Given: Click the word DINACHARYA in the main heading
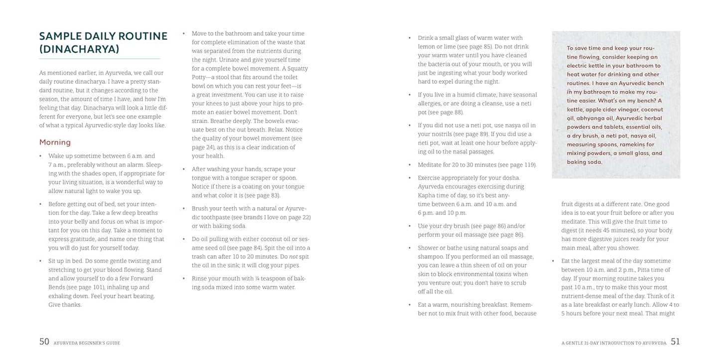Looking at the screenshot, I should click(82, 49).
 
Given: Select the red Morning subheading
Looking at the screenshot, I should click(55, 142).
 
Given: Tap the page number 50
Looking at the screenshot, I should click(44, 342).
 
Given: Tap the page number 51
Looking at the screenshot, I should click(675, 342).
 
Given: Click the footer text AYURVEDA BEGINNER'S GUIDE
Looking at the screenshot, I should click(88, 343).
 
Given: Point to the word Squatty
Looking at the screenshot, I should click(296, 68).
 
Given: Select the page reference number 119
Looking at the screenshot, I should click(529, 164).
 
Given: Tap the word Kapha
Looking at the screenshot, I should click(427, 195).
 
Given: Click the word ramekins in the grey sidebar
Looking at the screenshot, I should click(632, 144).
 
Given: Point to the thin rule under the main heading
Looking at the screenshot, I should click(100, 59).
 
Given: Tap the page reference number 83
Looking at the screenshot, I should click(275, 195).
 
